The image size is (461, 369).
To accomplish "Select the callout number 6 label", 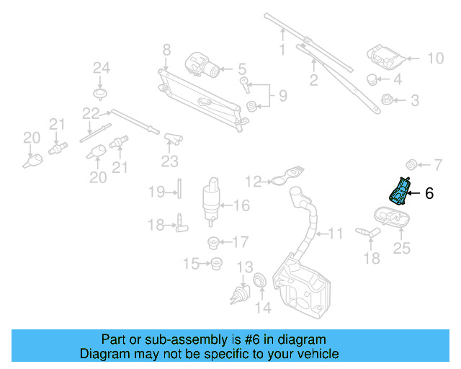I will point(429,193).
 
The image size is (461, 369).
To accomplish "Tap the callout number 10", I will point(436,58).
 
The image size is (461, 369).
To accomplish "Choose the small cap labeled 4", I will point(373,79).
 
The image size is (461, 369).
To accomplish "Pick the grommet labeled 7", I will point(413,161).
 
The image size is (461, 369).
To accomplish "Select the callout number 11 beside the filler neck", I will point(336,234).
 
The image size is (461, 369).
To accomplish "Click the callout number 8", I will point(166,50).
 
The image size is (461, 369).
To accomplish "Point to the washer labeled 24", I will point(101,94).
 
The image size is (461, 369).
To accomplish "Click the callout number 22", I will point(89,113).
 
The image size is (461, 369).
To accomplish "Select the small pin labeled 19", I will point(179,191).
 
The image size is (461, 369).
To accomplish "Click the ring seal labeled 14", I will point(260,280).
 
